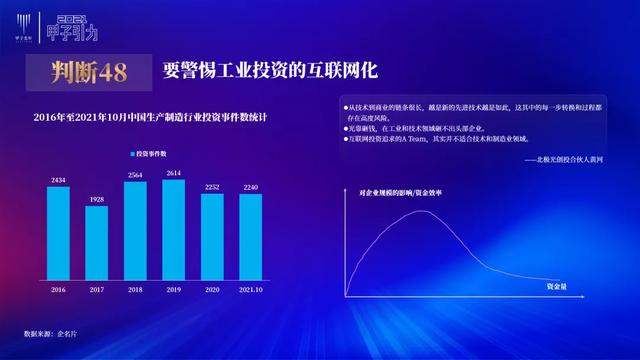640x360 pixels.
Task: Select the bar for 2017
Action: [x=97, y=242]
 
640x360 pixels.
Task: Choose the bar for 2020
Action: [x=212, y=236]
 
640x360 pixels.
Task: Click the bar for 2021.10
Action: [x=250, y=236]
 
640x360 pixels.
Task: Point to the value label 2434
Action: [x=58, y=180]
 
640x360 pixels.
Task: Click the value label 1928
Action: [x=97, y=200]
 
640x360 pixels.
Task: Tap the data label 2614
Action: [x=173, y=173]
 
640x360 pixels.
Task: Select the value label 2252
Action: [x=212, y=187]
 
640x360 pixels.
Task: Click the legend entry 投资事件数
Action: [x=150, y=153]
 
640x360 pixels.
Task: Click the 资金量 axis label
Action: [x=558, y=286]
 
